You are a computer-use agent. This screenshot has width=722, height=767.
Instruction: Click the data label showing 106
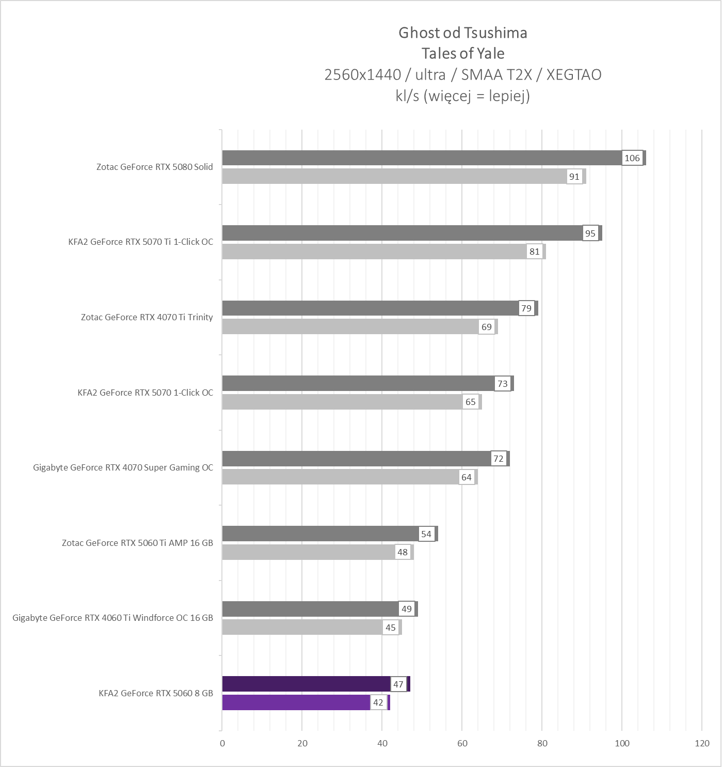(632, 158)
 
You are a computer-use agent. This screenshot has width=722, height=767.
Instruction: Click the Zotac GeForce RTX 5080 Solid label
(154, 167)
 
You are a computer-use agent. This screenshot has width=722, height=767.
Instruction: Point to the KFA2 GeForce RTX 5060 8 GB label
(155, 693)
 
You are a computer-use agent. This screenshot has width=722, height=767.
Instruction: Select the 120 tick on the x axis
(702, 743)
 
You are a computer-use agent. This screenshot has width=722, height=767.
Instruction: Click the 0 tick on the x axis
(222, 743)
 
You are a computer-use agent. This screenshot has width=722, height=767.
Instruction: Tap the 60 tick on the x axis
(462, 743)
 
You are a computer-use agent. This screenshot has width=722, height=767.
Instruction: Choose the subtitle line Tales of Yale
(462, 54)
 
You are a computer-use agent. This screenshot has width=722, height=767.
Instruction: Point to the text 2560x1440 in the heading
(362, 75)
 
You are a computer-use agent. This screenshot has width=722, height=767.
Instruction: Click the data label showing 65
(470, 402)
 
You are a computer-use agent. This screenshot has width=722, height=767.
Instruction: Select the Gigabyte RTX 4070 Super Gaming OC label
(123, 467)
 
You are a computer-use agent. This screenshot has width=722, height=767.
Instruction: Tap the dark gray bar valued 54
(320, 534)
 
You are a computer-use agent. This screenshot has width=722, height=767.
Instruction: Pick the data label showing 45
(390, 628)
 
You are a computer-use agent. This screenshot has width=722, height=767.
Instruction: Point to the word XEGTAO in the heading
(573, 75)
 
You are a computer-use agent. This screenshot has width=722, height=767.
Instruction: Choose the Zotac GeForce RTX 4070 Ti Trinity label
(147, 317)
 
